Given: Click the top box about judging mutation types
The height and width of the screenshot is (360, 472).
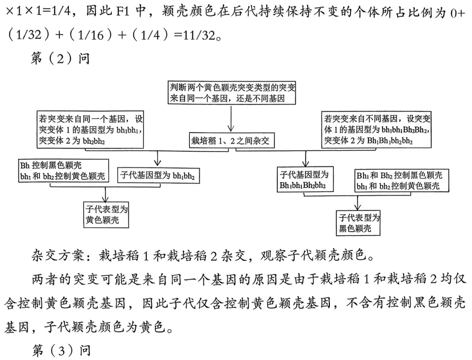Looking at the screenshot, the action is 231,93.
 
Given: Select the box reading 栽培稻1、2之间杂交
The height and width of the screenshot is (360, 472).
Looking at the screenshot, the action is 230,141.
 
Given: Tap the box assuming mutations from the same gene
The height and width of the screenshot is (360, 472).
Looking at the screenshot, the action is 91,130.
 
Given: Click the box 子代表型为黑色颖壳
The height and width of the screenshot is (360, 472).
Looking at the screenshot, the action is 359,223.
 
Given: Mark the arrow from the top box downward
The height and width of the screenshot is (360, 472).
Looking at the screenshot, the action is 231,119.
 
